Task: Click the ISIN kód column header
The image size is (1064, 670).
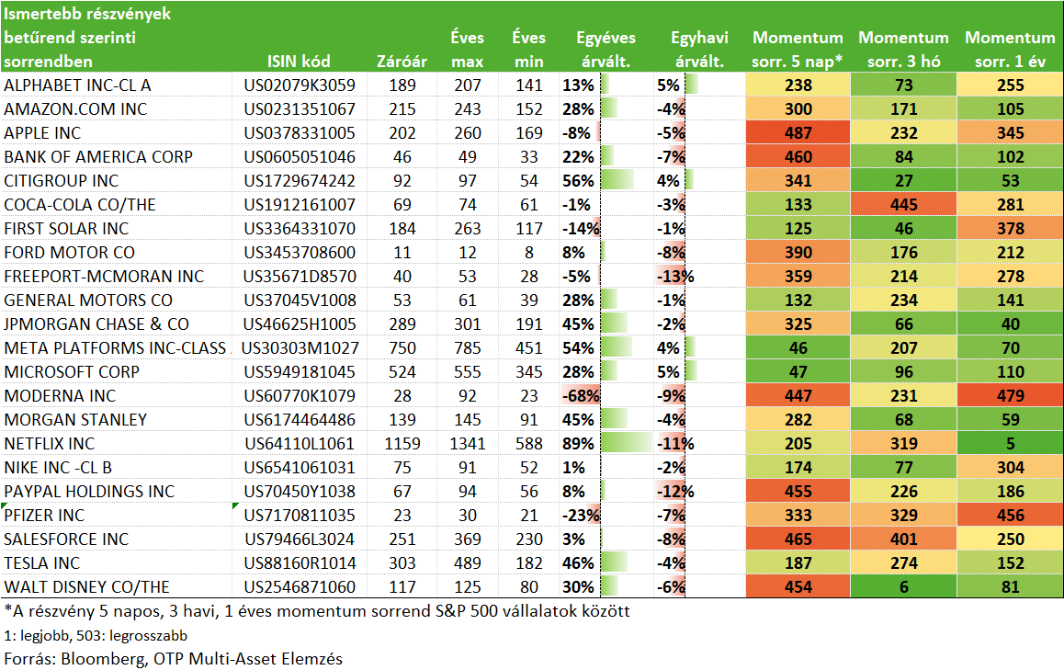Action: pyautogui.click(x=299, y=61)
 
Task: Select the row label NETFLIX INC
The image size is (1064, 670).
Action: pyautogui.click(x=49, y=444)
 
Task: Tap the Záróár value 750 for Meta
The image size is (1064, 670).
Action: pyautogui.click(x=402, y=348)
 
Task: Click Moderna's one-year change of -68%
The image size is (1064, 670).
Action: pyautogui.click(x=581, y=396)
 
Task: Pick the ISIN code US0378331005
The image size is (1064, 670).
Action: pyautogui.click(x=300, y=133)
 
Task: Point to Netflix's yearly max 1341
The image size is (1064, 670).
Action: pyautogui.click(x=468, y=444)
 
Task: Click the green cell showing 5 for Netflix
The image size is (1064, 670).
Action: pyautogui.click(x=1011, y=444)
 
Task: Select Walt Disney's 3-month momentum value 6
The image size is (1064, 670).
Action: pyautogui.click(x=904, y=587)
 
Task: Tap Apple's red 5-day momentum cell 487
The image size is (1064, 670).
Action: pyautogui.click(x=798, y=133)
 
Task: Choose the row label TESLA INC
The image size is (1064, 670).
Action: pyautogui.click(x=41, y=563)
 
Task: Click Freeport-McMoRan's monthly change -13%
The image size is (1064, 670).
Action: pyautogui.click(x=675, y=277)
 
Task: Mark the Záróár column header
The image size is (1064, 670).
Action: pyautogui.click(x=402, y=61)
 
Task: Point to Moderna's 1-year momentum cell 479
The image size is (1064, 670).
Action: pyautogui.click(x=1011, y=396)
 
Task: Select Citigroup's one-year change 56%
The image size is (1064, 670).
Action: pyautogui.click(x=578, y=180)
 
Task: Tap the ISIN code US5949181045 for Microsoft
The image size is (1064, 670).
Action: pyautogui.click(x=300, y=372)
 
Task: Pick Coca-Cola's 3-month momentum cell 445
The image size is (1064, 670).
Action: pyautogui.click(x=904, y=205)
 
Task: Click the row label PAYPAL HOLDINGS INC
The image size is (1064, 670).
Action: pyautogui.click(x=89, y=492)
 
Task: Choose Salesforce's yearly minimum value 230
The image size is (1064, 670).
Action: pyautogui.click(x=528, y=539)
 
